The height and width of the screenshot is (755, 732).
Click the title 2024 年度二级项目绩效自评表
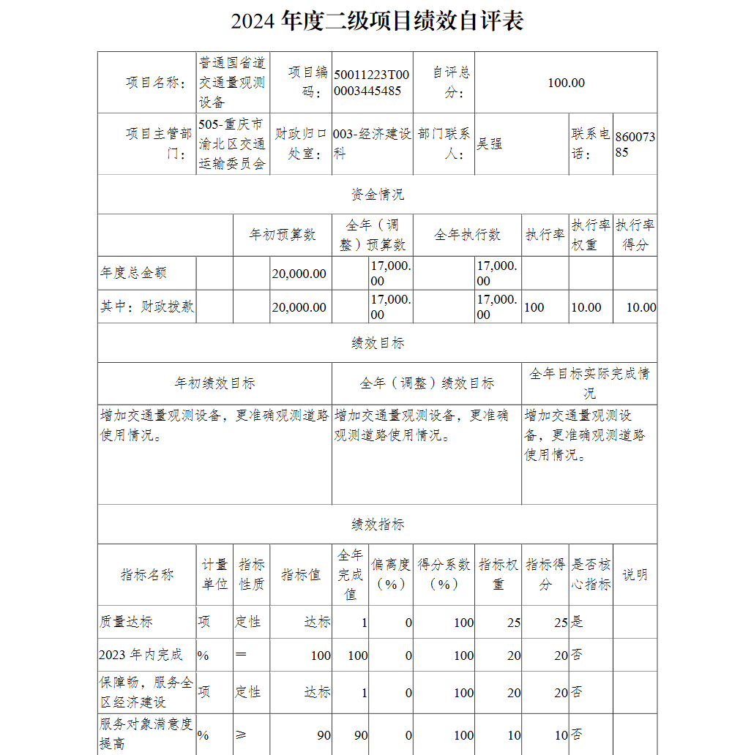click(x=377, y=21)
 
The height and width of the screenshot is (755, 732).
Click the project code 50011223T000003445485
click(x=372, y=83)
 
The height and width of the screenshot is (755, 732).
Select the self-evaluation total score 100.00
click(x=566, y=83)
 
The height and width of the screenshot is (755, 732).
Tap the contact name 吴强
click(x=490, y=143)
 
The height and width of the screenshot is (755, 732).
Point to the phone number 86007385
click(x=635, y=145)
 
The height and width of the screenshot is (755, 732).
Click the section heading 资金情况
click(x=377, y=194)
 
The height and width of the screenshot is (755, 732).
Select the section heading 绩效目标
click(x=377, y=342)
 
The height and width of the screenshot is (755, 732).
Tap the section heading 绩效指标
click(x=377, y=524)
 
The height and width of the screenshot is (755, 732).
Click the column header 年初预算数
click(x=283, y=235)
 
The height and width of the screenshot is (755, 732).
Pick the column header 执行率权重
click(x=591, y=235)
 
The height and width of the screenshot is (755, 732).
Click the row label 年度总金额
click(x=133, y=273)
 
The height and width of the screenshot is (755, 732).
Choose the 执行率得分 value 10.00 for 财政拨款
click(x=640, y=307)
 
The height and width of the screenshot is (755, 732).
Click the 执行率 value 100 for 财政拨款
click(x=534, y=307)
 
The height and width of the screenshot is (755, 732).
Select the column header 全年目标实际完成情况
click(x=589, y=383)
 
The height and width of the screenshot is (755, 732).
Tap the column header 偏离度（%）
click(x=391, y=574)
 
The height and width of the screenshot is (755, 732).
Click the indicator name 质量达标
click(x=126, y=623)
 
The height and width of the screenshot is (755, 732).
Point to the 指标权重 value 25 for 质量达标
click(x=513, y=623)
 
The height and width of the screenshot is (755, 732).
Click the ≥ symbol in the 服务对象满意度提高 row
click(x=242, y=735)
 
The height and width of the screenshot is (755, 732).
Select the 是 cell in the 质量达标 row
click(x=577, y=623)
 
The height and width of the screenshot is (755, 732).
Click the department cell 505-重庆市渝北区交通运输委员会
click(x=232, y=144)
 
